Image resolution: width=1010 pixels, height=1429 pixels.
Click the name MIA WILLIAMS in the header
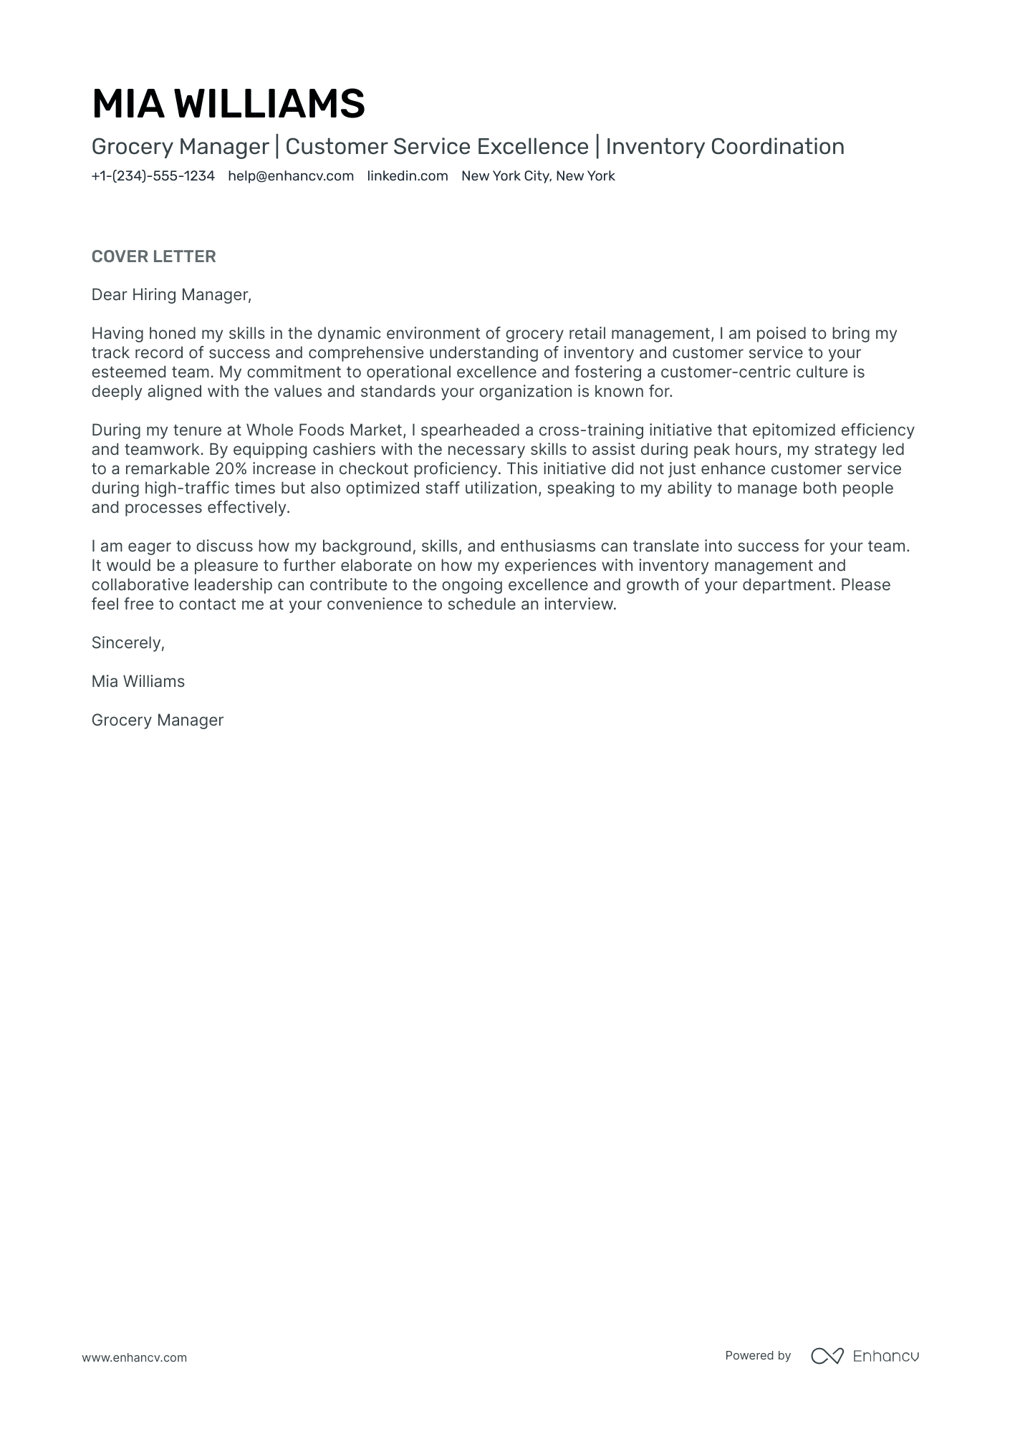[x=228, y=104]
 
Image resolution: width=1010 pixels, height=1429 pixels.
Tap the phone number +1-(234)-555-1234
[x=153, y=176]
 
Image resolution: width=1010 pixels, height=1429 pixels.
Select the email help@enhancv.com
[x=291, y=176]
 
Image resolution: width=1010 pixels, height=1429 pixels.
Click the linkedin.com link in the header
[x=407, y=176]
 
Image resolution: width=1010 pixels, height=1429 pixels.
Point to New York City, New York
[x=538, y=176]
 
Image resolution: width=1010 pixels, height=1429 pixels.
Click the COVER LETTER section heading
[x=153, y=256]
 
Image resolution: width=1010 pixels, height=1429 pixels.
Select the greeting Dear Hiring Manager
[x=171, y=294]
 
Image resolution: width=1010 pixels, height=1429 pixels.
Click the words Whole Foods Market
[x=325, y=430]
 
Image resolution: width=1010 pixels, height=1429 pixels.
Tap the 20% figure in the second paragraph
[x=230, y=468]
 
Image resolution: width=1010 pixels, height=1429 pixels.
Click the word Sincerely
[x=128, y=643]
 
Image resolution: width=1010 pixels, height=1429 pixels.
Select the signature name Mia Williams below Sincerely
[x=138, y=681]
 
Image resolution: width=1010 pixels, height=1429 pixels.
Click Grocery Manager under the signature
[x=157, y=720]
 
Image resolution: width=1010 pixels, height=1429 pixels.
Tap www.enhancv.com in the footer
[x=134, y=1357]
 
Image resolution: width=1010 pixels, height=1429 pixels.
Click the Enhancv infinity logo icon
[x=827, y=1356]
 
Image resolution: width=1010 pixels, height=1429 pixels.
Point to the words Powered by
[x=757, y=1355]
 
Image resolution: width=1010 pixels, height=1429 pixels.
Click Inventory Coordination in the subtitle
[x=724, y=146]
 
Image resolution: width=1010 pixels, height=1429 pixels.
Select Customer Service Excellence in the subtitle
[x=436, y=146]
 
